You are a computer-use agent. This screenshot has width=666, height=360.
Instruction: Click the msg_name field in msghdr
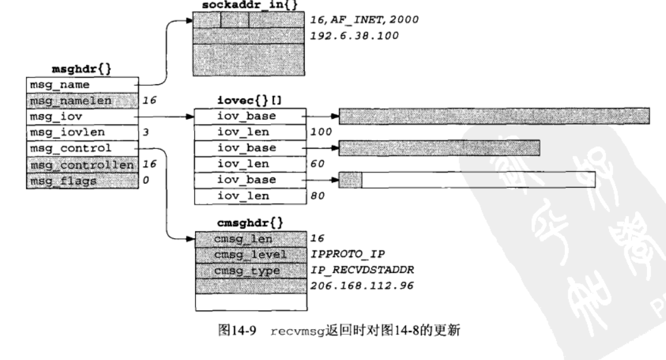[81, 85]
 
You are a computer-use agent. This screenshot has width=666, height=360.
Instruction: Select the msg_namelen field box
[81, 100]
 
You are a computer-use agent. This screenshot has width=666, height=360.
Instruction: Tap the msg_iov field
[81, 116]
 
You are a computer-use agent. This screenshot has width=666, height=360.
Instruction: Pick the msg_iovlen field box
[81, 133]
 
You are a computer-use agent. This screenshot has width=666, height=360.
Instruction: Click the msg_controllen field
[81, 165]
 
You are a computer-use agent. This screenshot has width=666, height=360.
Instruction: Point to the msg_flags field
[81, 181]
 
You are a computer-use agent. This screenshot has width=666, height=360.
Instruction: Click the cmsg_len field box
[250, 238]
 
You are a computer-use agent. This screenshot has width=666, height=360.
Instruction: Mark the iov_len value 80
[317, 197]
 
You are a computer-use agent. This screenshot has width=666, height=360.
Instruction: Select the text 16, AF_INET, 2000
[365, 19]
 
